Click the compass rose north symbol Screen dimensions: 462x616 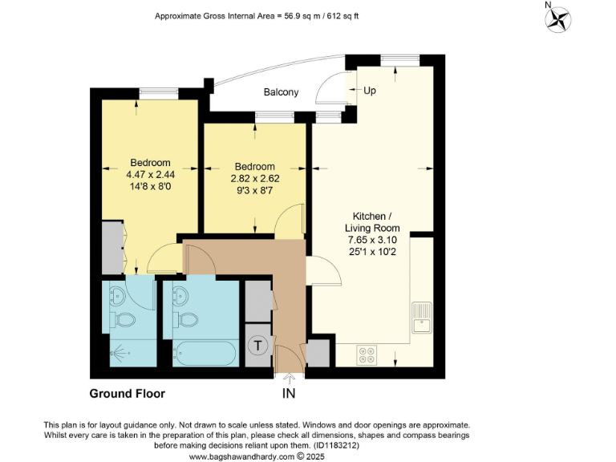[x=558, y=19]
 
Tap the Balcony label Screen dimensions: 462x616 [x=281, y=92]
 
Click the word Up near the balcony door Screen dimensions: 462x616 [x=370, y=91]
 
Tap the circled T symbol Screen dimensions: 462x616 [x=258, y=346]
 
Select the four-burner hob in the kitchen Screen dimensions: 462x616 [x=367, y=354]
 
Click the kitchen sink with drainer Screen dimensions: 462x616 [x=422, y=317]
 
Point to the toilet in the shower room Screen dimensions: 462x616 [x=125, y=320]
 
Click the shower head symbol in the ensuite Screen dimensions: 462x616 [x=118, y=351]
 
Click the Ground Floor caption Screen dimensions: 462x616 [x=127, y=394]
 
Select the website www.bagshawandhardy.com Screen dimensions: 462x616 [x=243, y=456]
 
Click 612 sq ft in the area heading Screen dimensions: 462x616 [x=342, y=16]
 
